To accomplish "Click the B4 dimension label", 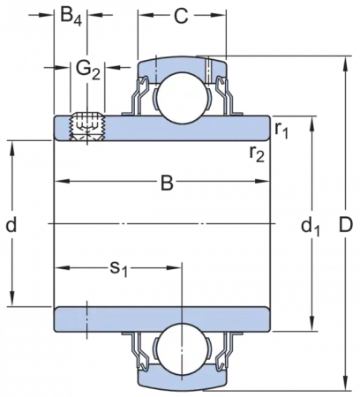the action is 71,16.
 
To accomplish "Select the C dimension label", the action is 181,16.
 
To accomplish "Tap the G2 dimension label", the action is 88,70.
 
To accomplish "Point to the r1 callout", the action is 281,130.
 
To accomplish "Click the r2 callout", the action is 257,154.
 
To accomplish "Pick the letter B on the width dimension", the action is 167,184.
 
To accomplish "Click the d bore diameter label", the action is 11,224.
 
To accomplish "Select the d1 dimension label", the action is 311,228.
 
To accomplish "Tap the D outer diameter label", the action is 345,225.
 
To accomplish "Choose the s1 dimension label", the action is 119,269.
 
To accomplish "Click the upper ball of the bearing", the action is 182,99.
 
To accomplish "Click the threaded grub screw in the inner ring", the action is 87,127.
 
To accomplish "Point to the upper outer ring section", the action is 183,65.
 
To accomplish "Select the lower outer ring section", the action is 183,379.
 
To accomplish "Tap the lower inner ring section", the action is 161,319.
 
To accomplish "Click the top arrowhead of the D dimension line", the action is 347,64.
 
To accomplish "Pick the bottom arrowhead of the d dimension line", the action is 12,298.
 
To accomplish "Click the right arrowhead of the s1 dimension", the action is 173,267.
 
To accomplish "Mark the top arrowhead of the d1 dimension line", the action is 312,124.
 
